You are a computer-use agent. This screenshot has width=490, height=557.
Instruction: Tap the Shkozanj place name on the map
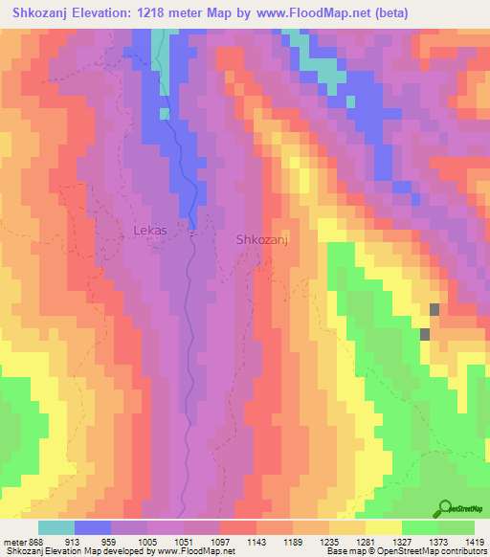point(262,240)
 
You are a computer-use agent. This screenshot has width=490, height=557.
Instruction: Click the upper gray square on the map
point(435,309)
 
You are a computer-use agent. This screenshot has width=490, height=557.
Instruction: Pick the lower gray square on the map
point(424,333)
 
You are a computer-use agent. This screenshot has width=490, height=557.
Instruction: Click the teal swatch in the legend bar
point(56,527)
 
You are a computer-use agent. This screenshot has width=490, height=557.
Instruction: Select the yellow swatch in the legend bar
point(384,527)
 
